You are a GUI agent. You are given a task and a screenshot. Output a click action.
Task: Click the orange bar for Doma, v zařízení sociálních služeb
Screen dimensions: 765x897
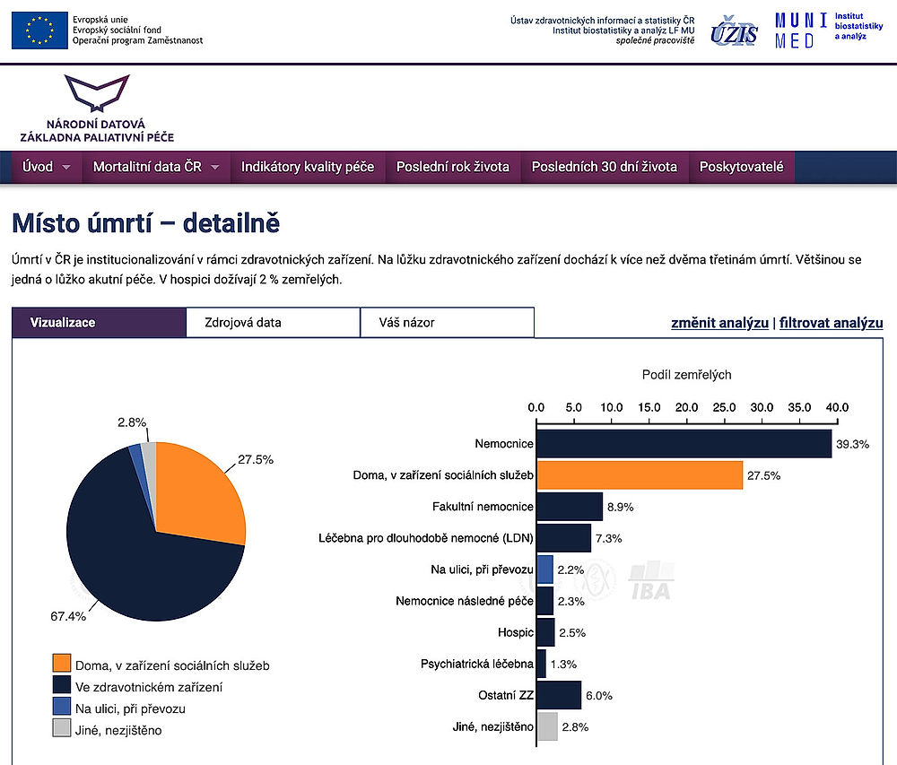click(639, 475)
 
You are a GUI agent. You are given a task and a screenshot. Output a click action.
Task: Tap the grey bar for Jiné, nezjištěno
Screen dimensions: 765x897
click(546, 726)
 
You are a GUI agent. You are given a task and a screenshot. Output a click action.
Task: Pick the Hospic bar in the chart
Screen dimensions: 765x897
click(545, 632)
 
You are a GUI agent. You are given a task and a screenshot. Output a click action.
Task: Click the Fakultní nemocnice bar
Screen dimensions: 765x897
click(569, 507)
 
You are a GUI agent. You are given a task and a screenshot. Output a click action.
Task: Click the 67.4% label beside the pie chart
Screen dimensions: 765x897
click(66, 616)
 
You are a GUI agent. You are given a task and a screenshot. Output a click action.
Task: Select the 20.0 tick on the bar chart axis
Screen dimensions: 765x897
click(686, 408)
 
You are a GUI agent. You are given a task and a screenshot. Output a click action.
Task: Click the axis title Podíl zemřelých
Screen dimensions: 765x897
click(686, 375)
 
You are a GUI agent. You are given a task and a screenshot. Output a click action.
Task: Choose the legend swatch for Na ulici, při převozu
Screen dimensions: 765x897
click(61, 708)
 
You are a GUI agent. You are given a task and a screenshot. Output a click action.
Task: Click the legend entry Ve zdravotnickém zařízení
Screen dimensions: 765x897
click(149, 687)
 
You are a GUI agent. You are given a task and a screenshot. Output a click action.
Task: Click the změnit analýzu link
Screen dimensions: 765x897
click(719, 323)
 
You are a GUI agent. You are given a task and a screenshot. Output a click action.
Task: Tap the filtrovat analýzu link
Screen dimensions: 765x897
click(831, 323)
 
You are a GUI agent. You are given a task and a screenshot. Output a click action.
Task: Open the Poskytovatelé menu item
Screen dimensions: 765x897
click(741, 167)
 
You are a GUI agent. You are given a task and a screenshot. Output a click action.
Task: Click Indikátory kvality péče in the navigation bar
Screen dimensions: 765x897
click(308, 167)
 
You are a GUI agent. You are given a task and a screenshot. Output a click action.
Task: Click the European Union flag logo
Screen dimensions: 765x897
click(39, 30)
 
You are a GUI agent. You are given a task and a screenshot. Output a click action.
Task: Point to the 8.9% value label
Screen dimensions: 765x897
click(621, 507)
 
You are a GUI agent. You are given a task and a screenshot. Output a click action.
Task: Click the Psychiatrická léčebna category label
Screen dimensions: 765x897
click(476, 664)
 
